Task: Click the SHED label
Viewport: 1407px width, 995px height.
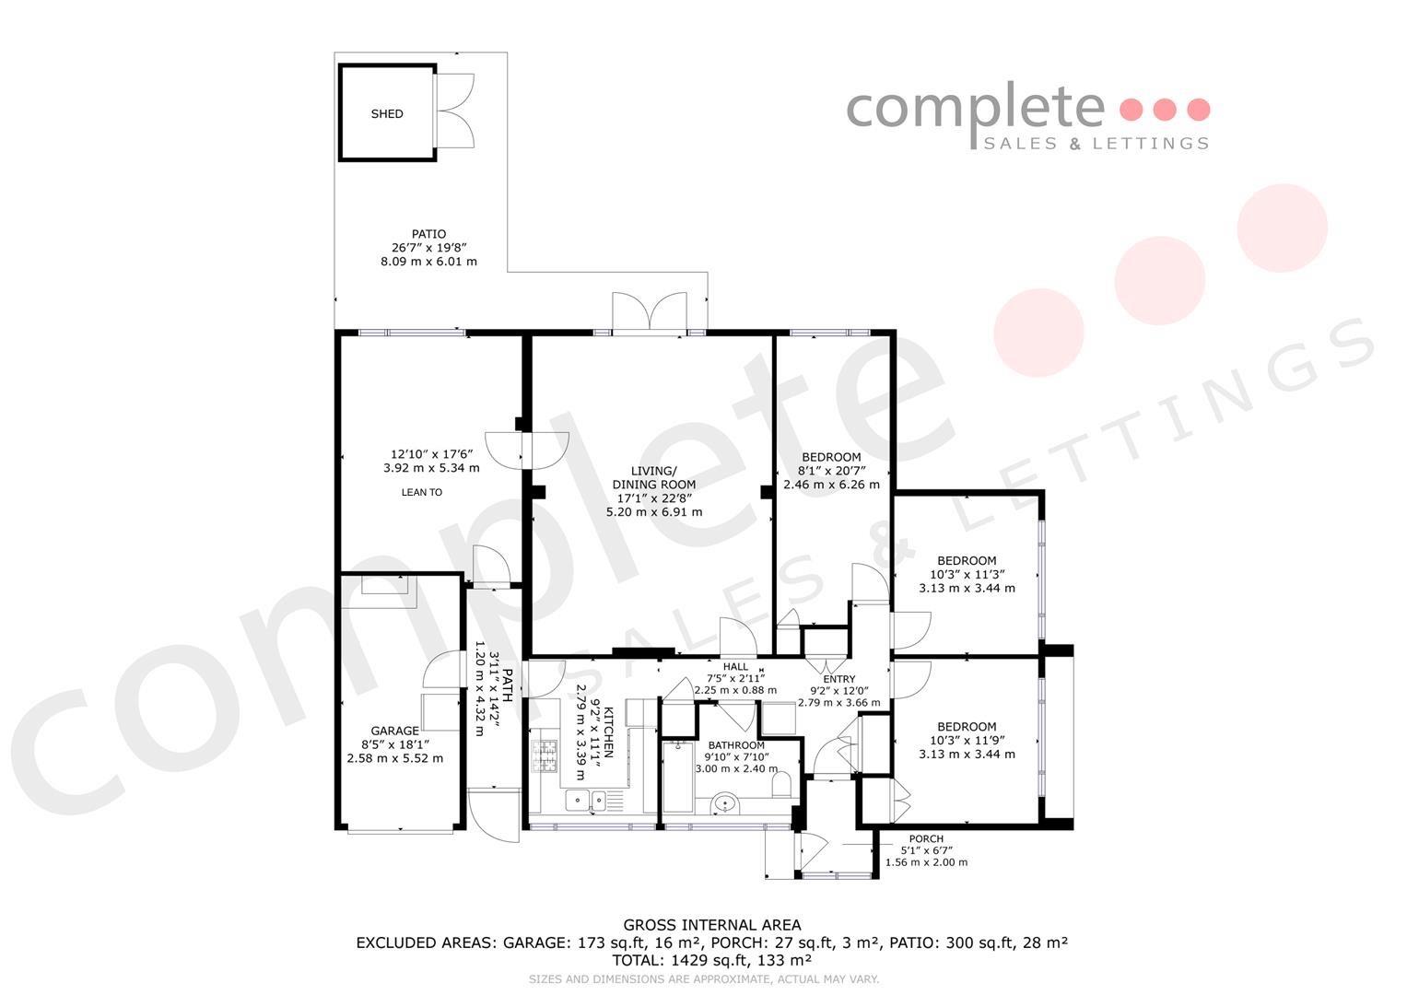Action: [387, 113]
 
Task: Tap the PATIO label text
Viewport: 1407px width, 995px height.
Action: [429, 234]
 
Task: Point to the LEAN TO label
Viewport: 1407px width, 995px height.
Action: [421, 493]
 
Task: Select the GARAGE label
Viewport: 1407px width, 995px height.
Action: [394, 731]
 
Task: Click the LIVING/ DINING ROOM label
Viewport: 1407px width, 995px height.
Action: [654, 477]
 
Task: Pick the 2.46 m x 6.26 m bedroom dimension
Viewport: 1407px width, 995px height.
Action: [831, 485]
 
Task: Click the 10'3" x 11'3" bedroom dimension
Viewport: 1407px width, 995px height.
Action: [967, 574]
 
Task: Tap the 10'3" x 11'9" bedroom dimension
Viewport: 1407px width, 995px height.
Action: [967, 740]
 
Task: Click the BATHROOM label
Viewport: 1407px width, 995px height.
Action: [736, 745]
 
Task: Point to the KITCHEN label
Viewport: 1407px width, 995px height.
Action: [608, 732]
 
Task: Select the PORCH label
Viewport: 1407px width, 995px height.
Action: [926, 838]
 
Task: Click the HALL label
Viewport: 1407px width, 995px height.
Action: [735, 666]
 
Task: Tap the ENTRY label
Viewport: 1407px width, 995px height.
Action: [839, 679]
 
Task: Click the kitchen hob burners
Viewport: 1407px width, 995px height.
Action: [545, 756]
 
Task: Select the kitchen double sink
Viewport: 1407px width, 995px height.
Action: [586, 801]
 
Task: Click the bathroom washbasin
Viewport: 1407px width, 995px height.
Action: [725, 803]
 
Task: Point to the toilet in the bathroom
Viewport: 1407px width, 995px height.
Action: [781, 785]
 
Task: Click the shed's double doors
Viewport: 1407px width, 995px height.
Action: [454, 111]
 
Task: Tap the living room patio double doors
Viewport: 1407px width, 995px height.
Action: [651, 312]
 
